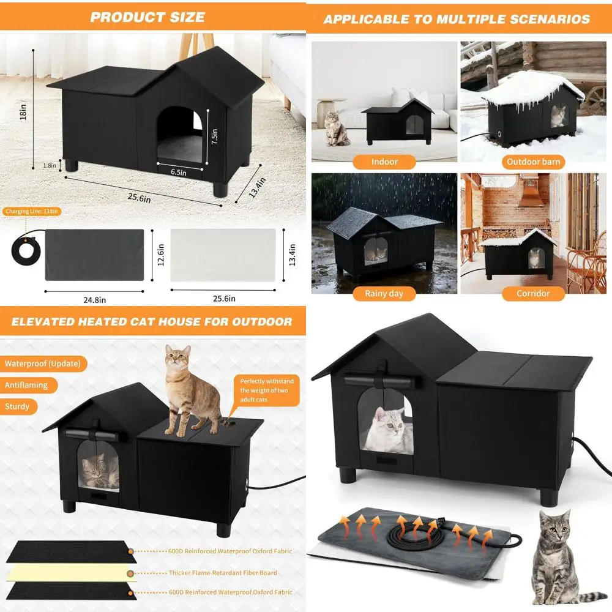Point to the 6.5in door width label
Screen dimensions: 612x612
178,173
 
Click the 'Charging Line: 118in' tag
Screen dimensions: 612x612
32,212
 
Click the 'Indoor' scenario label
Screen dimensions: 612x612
384,162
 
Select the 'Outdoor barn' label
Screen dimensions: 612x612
533,162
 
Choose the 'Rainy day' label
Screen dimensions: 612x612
384,293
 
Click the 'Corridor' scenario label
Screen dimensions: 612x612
533,293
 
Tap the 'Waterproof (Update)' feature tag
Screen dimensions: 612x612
42,364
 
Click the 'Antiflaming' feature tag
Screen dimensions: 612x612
28,385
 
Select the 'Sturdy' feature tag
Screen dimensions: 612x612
18,406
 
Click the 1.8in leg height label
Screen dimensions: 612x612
50,165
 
